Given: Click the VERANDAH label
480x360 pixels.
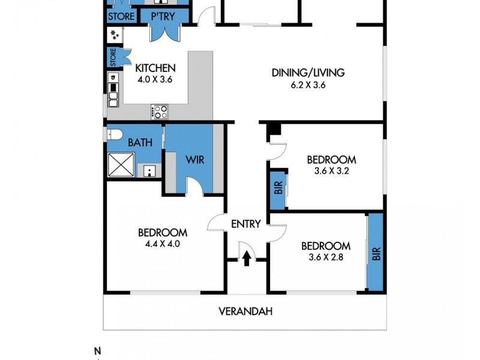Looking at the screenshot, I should pos(242,311).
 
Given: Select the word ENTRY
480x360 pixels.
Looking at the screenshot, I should pos(246,224).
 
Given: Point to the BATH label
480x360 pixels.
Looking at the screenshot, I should pos(140,143).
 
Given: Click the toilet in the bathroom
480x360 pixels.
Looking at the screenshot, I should pos(114,133).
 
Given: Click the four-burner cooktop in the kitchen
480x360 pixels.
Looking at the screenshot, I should pos(160,111).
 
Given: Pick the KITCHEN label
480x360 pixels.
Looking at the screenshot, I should pos(155,68).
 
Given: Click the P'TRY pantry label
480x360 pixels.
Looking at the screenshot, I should pos(162,17).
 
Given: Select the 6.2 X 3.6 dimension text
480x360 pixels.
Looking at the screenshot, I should pos(308,85).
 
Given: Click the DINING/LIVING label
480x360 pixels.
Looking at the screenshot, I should pos(308,73).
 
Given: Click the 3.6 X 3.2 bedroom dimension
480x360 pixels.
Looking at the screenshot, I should pos(331,171).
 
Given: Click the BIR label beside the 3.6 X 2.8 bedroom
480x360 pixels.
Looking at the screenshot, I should pos(376,253).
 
